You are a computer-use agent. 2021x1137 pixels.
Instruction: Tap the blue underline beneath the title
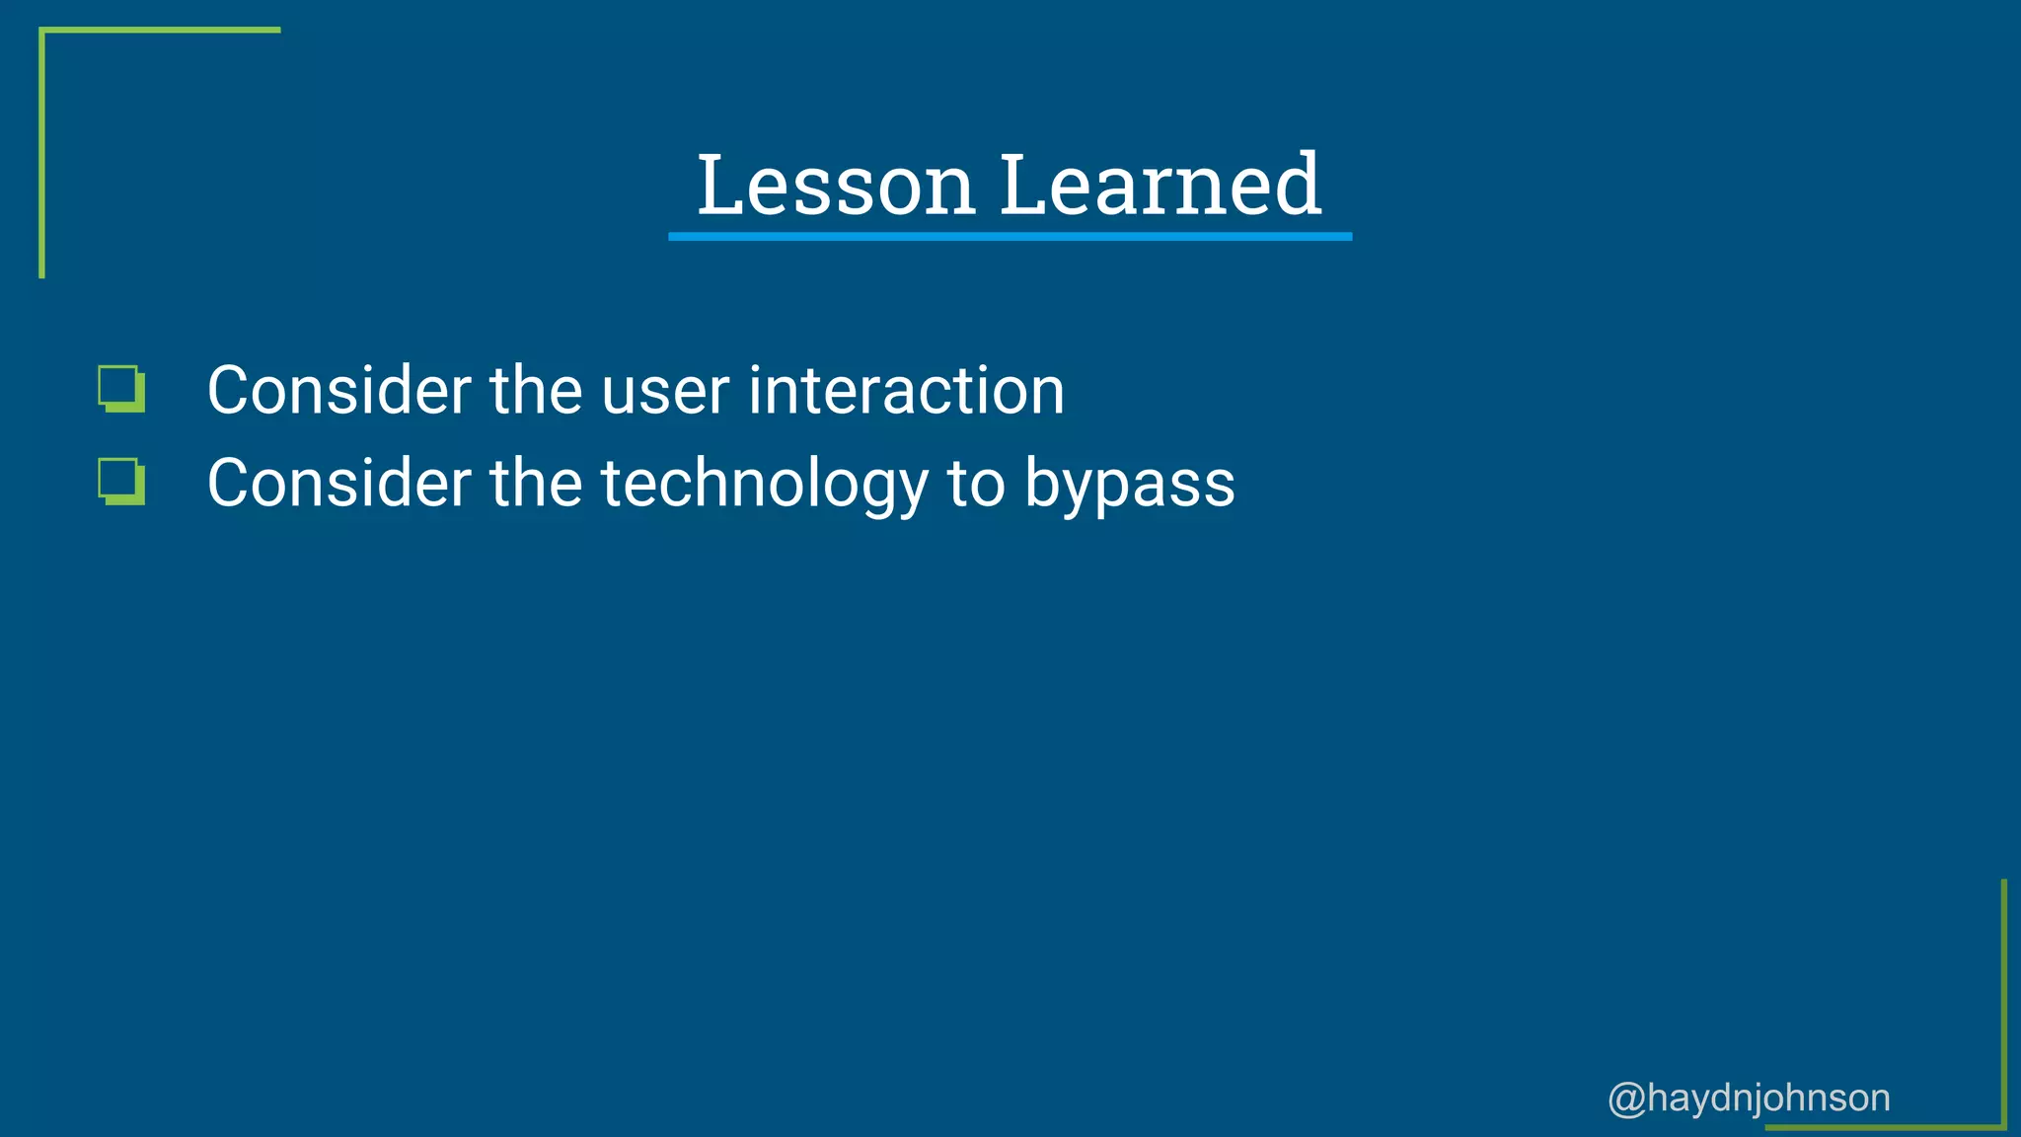(1010, 237)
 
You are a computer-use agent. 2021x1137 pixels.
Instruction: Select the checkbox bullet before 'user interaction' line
(121, 389)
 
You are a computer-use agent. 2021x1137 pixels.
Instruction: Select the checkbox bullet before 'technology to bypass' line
(121, 482)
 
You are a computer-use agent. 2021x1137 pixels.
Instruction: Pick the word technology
(764, 485)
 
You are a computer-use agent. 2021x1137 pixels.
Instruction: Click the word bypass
(1129, 485)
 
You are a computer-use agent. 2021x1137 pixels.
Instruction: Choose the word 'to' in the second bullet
(975, 485)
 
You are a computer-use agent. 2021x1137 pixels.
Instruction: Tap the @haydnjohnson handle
(1749, 1098)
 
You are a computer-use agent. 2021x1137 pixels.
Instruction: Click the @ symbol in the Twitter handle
(1626, 1099)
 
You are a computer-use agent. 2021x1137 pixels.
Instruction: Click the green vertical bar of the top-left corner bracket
(41, 153)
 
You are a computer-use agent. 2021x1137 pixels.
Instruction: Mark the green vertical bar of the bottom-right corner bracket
(2004, 1002)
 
